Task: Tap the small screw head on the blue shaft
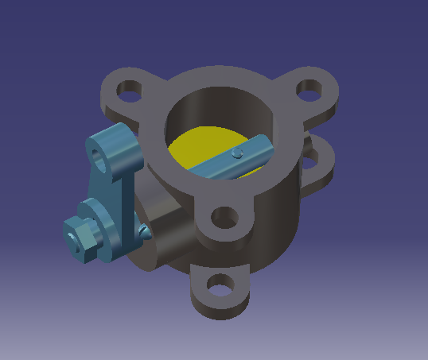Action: pos(236,153)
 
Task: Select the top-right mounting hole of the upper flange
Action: pos(311,90)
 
